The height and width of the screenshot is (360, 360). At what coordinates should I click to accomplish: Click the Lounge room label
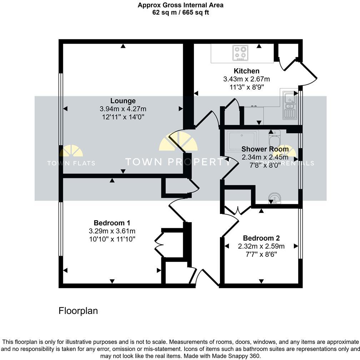pos(123,101)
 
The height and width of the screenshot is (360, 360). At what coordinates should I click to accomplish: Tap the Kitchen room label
pos(246,71)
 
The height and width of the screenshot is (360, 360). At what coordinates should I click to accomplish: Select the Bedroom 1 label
pos(112,223)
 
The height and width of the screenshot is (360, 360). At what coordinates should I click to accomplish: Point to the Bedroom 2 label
pos(261,238)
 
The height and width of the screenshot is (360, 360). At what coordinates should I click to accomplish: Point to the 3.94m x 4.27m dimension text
pos(123,109)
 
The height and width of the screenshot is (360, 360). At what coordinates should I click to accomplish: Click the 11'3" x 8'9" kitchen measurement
pos(246,86)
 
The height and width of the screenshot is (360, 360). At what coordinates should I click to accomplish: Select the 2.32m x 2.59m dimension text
pos(261,246)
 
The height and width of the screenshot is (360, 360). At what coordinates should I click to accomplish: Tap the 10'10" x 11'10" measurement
pos(112,239)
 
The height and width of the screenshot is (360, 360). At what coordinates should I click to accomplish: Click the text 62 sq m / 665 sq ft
pos(180,12)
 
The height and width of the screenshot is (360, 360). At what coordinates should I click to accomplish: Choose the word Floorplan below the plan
pos(78,311)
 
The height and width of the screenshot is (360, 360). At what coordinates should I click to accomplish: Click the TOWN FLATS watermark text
pos(71,163)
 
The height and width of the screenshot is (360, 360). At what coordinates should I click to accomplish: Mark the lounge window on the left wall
pos(61,109)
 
